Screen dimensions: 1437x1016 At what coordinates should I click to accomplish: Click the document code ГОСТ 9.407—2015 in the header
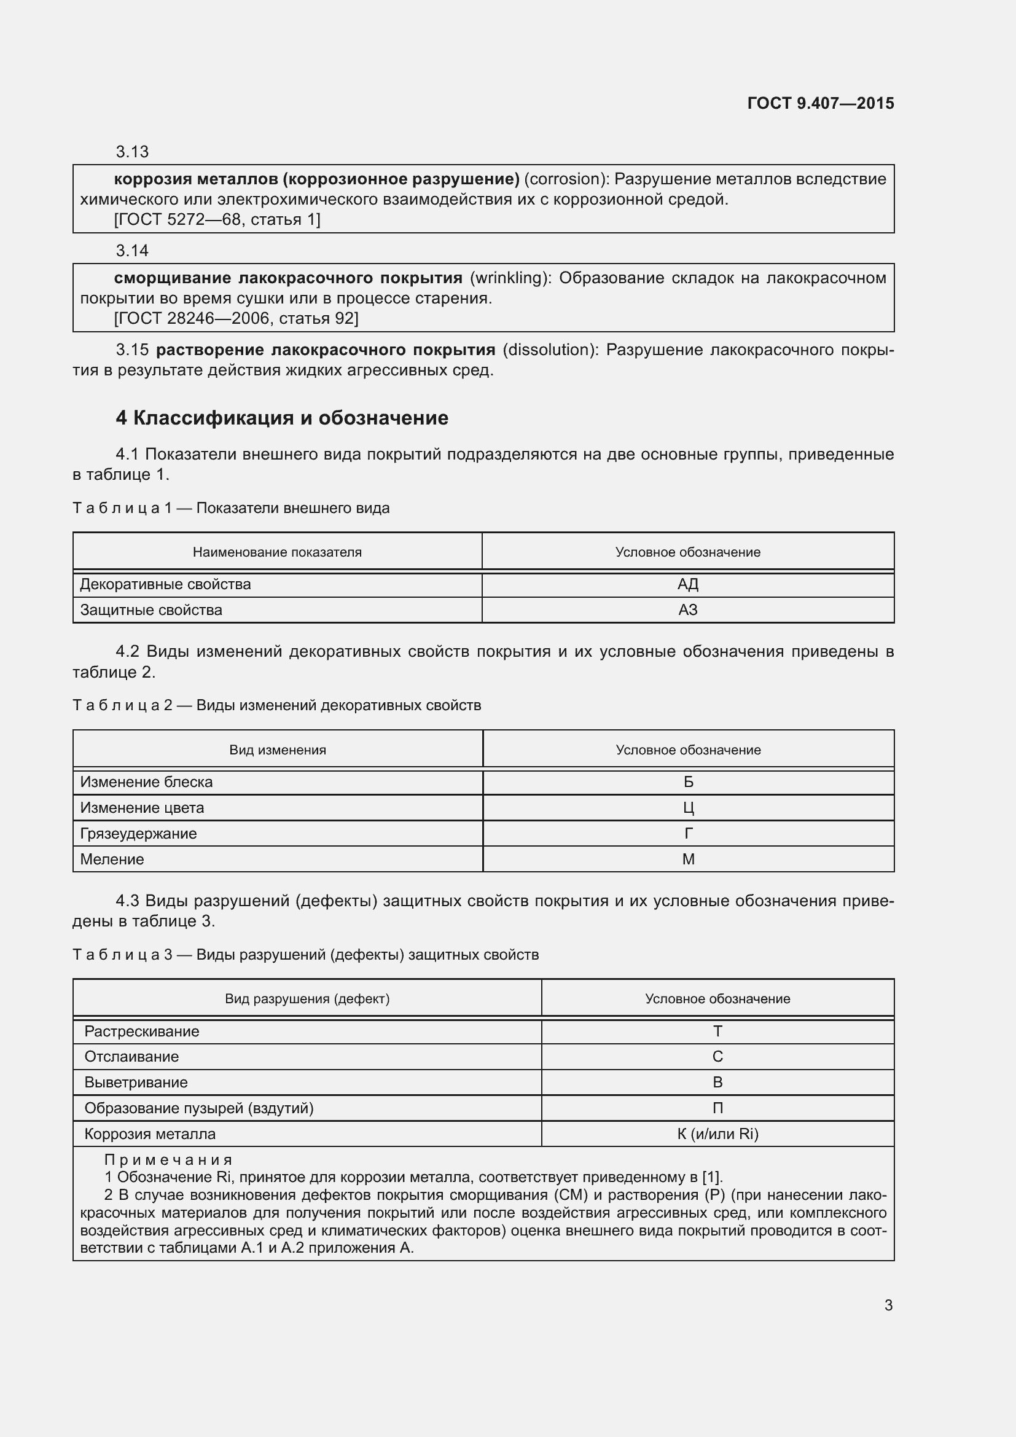coord(820,103)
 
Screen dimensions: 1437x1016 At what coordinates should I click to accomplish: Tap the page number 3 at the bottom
coord(888,1305)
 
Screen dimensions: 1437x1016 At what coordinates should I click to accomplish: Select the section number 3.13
coord(132,152)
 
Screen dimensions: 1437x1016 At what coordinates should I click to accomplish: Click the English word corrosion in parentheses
coord(562,179)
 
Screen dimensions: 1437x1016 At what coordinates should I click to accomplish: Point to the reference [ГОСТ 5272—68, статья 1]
coord(217,220)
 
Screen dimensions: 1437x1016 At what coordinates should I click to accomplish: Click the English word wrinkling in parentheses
coord(508,278)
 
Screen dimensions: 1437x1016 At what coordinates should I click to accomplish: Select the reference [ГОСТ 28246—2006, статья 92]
coord(236,319)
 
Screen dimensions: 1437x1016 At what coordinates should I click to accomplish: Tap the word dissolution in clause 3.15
coord(545,349)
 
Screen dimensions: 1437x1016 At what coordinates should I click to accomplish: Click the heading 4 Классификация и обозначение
coord(281,418)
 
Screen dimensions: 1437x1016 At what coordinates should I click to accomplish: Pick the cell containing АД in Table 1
coord(687,584)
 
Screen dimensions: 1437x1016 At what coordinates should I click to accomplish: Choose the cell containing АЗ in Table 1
coord(687,609)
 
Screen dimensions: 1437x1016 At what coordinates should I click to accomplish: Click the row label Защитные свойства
coord(150,609)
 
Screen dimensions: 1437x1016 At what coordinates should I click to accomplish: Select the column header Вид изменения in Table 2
coord(277,750)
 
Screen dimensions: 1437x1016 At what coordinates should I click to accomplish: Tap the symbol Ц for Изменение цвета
coord(688,807)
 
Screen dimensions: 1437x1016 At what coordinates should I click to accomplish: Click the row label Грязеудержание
coord(138,833)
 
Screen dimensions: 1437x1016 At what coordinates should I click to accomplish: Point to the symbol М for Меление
coord(688,859)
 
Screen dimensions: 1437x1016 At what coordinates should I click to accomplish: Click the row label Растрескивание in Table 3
coord(141,1031)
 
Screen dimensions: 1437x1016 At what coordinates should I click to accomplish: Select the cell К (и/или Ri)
coord(717,1134)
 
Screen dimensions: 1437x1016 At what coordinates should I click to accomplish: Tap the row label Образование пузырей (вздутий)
coord(199,1108)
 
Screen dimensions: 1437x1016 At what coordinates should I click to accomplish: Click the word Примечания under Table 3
coord(168,1160)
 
